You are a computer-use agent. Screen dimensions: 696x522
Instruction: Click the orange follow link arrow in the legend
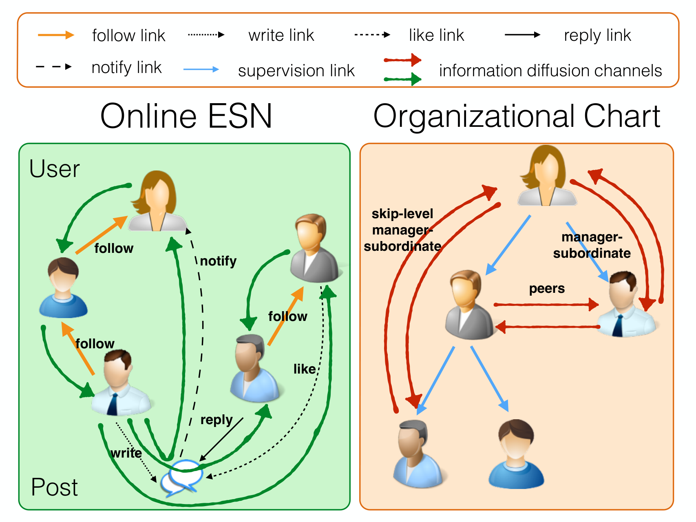point(56,35)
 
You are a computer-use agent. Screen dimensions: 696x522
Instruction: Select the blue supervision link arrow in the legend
point(201,69)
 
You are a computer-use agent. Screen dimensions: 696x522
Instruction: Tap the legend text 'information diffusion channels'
point(550,71)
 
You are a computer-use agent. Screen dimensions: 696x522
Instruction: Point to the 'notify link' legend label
point(126,67)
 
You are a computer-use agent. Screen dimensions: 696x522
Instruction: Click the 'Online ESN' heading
point(186,116)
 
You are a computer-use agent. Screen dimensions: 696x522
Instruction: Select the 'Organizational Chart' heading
point(517,116)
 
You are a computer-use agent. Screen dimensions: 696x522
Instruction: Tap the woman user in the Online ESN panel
point(157,201)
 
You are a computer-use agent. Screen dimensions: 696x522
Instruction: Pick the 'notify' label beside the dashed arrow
point(218,261)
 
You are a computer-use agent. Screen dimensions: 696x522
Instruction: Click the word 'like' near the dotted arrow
point(305,369)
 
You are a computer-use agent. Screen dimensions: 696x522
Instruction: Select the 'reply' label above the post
point(217,420)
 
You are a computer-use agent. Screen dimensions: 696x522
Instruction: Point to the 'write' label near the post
point(126,453)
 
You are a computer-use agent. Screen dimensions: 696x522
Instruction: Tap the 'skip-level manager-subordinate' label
point(402,230)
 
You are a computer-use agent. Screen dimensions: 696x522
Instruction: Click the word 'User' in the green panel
point(55,169)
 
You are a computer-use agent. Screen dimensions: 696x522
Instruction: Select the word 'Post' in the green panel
point(54,487)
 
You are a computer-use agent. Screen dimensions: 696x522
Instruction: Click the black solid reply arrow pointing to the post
point(221,439)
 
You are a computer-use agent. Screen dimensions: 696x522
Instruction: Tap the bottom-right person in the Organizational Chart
point(516,453)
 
